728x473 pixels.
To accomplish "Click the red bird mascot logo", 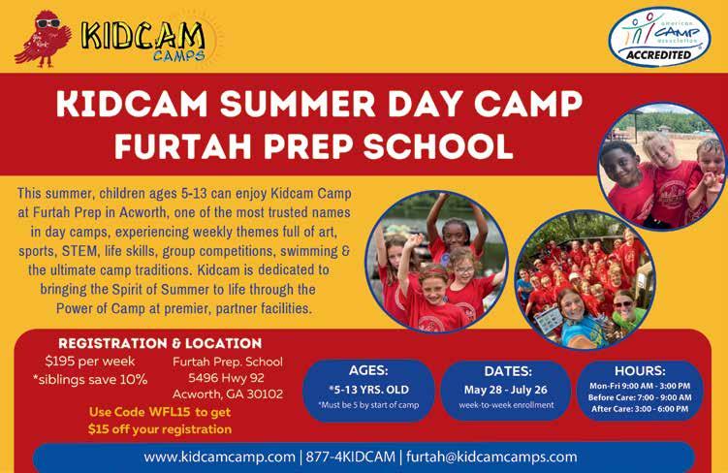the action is click(x=44, y=39).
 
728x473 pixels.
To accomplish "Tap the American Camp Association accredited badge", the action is click(x=659, y=37).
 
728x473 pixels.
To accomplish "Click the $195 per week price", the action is click(x=90, y=362).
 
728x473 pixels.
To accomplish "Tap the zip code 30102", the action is click(x=265, y=394).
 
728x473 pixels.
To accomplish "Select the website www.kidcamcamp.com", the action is click(x=219, y=457).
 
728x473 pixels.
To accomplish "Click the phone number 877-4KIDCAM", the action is click(x=351, y=457).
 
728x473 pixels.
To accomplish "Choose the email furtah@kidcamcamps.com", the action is click(x=491, y=457).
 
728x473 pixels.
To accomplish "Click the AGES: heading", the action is click(x=368, y=370).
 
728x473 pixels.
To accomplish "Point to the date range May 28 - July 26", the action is click(x=506, y=390).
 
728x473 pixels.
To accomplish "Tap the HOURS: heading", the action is click(x=640, y=371).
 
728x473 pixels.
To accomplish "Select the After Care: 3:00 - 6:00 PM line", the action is click(x=640, y=409).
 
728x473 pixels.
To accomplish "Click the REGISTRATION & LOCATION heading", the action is click(x=160, y=343).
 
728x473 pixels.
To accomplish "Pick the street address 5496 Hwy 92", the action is click(x=226, y=378).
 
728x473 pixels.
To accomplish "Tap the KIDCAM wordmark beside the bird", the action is click(x=143, y=36).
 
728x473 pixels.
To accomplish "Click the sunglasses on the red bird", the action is click(x=47, y=22).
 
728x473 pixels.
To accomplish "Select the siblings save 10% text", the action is click(x=90, y=379).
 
